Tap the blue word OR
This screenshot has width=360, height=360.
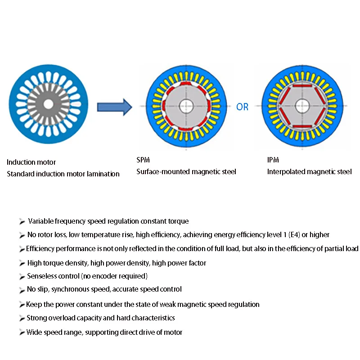(242, 107)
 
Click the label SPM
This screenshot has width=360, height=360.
(144, 160)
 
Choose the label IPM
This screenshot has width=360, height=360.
(274, 160)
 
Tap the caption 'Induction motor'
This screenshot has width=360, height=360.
(31, 162)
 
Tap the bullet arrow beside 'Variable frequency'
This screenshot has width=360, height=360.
(22, 221)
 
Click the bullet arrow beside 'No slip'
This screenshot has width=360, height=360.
(22, 290)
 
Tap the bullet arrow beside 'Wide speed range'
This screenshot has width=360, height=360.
(22, 333)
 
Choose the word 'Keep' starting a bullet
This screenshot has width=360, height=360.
(34, 304)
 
